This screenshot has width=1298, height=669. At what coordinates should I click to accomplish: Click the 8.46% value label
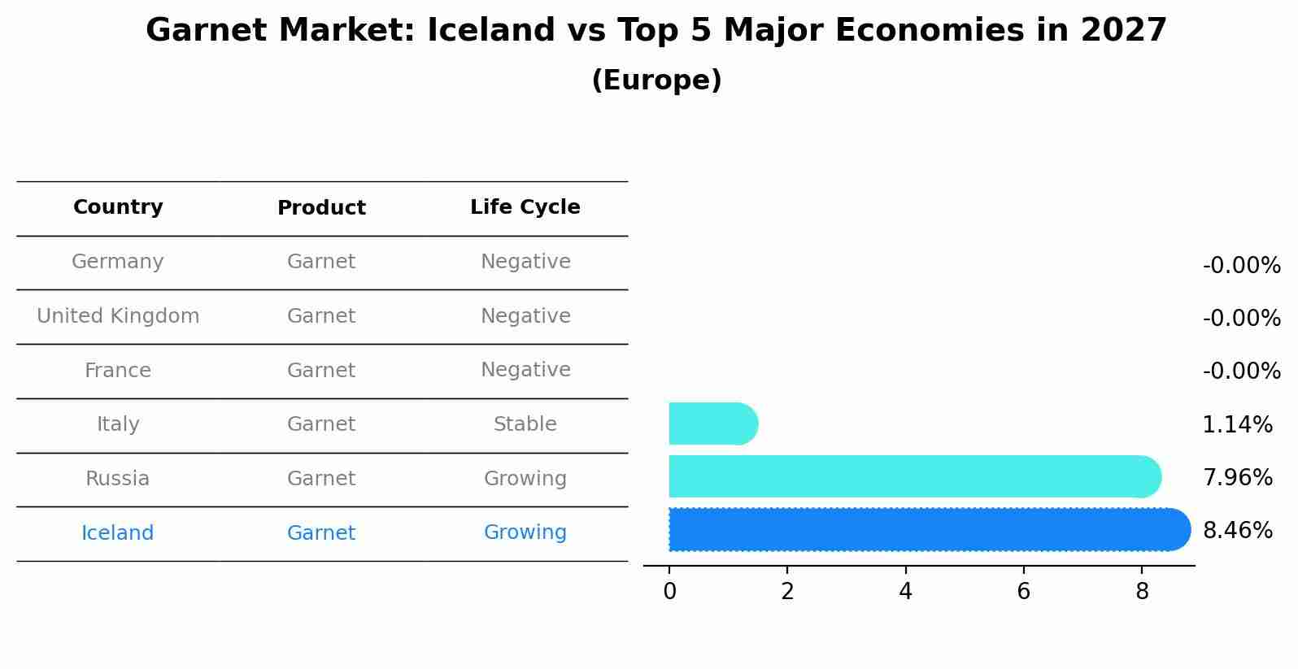pos(1237,531)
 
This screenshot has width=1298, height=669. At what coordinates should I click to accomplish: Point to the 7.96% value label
pos(1237,477)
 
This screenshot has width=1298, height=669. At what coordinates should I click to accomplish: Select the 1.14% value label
pos(1237,424)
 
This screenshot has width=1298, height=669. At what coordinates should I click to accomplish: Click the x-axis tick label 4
pos(905,592)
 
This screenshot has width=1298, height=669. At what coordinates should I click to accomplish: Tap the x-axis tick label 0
pos(669,592)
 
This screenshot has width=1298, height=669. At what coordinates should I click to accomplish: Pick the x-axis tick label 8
pos(1142,592)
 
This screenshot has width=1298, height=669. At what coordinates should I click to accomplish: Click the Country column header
pos(118,207)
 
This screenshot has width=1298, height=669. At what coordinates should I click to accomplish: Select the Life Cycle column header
pos(525,207)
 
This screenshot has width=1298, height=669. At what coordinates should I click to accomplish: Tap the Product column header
pos(321,208)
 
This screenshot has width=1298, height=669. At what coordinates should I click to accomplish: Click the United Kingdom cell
pos(118,316)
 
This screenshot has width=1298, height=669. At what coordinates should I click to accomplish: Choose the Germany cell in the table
pos(118,262)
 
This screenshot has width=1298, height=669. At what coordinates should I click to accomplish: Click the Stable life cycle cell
pos(525,424)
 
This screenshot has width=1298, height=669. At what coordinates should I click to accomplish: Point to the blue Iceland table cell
pos(118,533)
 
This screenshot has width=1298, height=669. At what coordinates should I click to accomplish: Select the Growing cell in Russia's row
pos(525,479)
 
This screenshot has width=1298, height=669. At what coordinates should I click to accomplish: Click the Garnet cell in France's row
pos(321,371)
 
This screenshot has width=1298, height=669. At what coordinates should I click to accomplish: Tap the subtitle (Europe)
pos(656,80)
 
